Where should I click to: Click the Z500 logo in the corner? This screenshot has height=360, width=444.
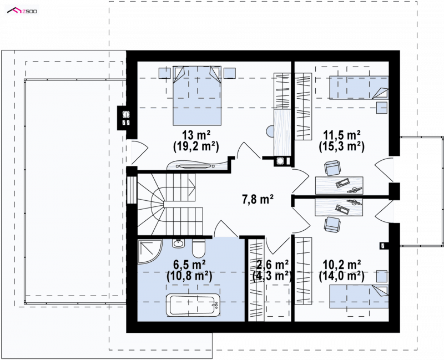point(22,11)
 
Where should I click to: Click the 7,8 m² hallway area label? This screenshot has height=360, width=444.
point(258,200)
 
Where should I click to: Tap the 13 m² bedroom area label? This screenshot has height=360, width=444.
point(196,135)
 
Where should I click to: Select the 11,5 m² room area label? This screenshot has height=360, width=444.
point(342,135)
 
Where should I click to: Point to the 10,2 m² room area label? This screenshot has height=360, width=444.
point(342,265)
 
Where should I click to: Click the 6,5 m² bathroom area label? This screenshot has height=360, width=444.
point(189,265)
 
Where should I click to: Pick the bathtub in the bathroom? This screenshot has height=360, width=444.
point(193,305)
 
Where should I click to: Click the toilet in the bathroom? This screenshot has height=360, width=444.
point(198,248)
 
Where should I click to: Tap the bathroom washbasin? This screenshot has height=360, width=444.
point(178,243)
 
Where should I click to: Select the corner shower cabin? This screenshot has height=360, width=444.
point(149,251)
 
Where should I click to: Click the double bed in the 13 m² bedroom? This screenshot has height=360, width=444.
point(197,95)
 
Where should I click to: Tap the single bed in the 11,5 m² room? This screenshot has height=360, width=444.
point(359,88)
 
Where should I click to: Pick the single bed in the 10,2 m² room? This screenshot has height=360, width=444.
point(359,297)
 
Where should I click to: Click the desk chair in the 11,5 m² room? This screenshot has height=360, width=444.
point(332,169)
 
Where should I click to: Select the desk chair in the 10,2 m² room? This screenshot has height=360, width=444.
point(332,225)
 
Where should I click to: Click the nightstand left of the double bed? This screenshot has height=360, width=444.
point(164,73)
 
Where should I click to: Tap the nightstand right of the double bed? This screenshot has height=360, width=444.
point(230,73)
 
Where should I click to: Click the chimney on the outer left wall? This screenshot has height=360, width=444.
point(126,118)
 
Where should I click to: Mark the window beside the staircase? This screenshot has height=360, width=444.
point(132,190)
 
